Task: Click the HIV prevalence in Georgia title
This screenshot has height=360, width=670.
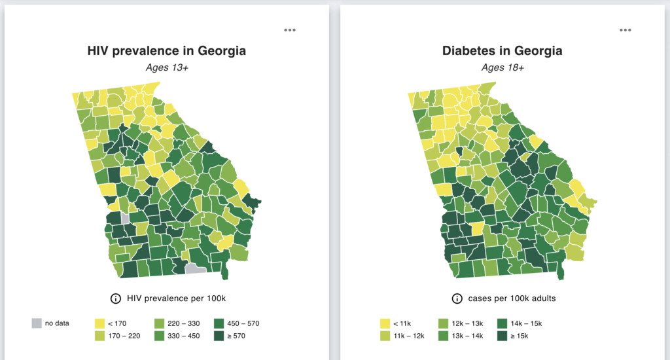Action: point(167,51)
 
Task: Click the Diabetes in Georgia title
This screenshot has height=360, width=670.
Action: point(502,51)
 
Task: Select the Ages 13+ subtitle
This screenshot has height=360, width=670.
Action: point(166,67)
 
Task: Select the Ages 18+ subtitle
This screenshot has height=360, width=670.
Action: point(502,67)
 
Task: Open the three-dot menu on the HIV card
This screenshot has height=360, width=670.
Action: point(290,30)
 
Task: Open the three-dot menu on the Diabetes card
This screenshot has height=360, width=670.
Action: point(626,30)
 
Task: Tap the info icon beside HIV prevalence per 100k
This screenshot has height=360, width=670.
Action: point(116,298)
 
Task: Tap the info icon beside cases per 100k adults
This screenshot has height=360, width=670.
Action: point(457,298)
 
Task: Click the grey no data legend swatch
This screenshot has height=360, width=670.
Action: point(37,323)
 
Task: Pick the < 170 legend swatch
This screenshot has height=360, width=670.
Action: point(100,323)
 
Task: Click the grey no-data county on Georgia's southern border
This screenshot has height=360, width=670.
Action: point(195,268)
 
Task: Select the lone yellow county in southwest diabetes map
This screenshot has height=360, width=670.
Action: point(476,228)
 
